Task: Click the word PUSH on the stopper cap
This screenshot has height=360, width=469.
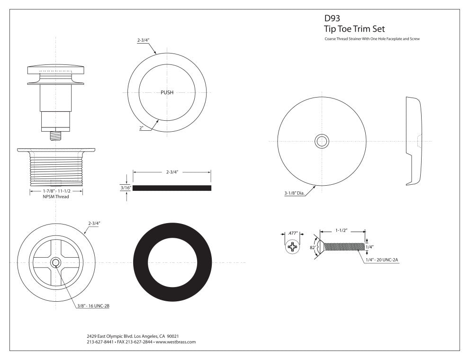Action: click(x=167, y=92)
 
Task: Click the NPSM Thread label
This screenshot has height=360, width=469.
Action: click(x=55, y=197)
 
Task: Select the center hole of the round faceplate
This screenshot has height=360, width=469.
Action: click(x=322, y=141)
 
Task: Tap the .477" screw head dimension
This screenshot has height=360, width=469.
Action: click(x=293, y=233)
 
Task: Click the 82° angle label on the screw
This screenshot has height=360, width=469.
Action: click(x=313, y=246)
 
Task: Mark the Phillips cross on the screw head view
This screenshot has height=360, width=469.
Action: click(x=294, y=247)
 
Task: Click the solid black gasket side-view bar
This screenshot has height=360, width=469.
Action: click(x=171, y=188)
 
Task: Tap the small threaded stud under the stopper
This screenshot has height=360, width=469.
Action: click(x=55, y=135)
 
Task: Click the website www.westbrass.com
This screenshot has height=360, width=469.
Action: click(x=176, y=342)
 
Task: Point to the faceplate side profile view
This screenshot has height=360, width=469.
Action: click(x=413, y=141)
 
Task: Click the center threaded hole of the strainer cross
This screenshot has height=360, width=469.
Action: click(x=55, y=262)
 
